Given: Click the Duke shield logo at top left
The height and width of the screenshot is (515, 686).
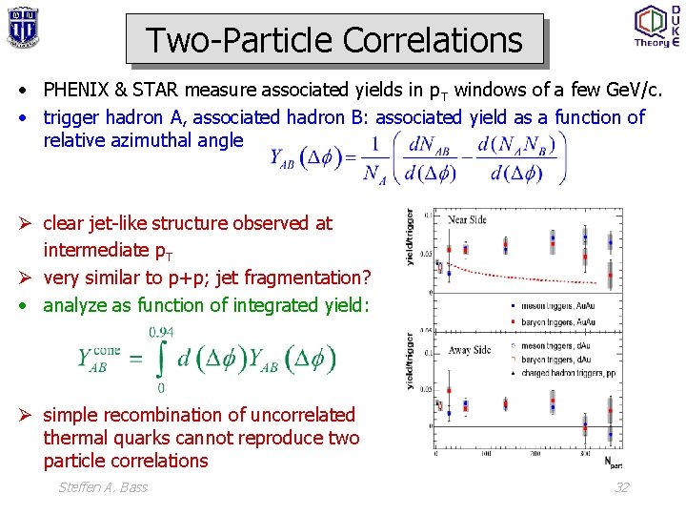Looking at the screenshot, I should click(22, 26).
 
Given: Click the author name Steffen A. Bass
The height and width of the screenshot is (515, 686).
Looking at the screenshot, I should click(103, 487).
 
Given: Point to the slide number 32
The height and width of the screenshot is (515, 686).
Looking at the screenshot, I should click(621, 487).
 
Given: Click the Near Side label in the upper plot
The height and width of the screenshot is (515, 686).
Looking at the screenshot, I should click(467, 220).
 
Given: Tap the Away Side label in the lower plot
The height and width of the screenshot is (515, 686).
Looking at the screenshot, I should click(469, 350).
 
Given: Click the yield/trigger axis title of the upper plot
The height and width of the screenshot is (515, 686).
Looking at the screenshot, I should click(411, 237).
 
